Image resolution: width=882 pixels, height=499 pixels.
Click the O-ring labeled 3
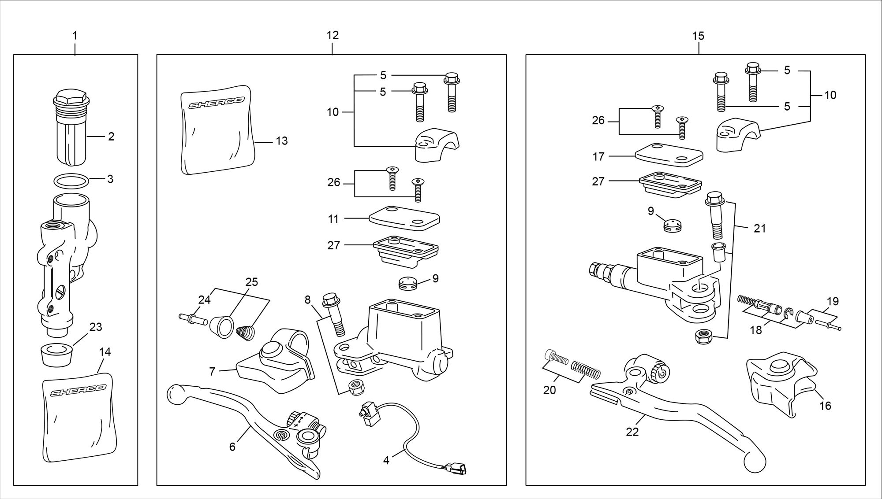(x=71, y=181)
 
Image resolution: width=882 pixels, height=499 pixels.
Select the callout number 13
(x=281, y=141)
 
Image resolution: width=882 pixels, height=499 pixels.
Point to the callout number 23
(x=96, y=327)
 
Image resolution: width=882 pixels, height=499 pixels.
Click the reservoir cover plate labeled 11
(x=404, y=218)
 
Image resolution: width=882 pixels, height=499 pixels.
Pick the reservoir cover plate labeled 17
(x=669, y=154)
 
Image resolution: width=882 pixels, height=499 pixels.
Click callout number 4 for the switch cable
(x=386, y=461)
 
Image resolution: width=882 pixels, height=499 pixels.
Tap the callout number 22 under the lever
(x=632, y=432)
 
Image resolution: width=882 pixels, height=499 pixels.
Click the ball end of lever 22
(x=755, y=462)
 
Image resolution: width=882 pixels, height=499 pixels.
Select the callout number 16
(x=825, y=406)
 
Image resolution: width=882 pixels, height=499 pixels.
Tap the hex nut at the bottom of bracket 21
(x=701, y=337)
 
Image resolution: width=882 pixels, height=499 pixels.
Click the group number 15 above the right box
(x=698, y=36)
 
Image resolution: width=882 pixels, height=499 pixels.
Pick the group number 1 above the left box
(x=75, y=35)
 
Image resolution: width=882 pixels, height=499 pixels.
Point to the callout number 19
(x=833, y=302)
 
